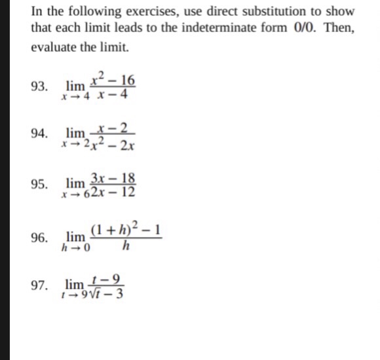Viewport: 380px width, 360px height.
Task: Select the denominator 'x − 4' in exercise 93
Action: tap(112, 95)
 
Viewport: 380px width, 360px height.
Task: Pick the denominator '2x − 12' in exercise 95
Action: tap(113, 192)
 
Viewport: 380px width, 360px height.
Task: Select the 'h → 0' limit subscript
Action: tap(75, 248)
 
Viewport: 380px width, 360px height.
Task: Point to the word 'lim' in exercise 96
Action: tap(76, 236)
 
